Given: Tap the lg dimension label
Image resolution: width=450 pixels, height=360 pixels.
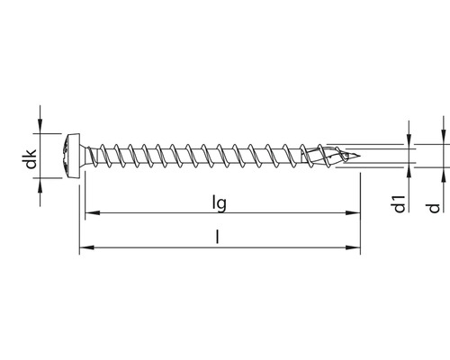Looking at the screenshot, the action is click(219, 203).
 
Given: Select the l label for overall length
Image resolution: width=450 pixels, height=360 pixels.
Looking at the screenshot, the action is click(218, 236).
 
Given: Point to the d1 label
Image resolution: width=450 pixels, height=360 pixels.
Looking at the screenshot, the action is click(400, 204).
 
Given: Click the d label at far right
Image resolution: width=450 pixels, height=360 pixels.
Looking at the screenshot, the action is click(434, 208).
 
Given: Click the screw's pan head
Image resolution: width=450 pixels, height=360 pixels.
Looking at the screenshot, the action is click(72, 156).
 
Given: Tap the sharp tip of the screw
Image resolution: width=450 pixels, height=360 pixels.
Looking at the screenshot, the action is click(359, 156).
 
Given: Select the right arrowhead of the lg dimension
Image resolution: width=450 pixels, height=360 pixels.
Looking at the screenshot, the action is click(353, 212).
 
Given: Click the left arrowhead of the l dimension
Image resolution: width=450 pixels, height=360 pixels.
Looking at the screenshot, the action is click(86, 247).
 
